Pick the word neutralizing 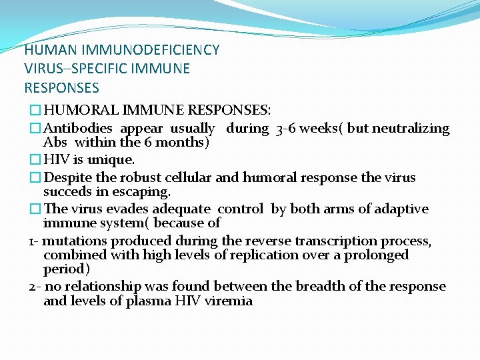pyautogui.click(x=411, y=129)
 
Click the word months pyautogui.click(x=184, y=142)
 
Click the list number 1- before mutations pyautogui.click(x=34, y=241)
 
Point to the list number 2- pyautogui.click(x=35, y=287)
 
